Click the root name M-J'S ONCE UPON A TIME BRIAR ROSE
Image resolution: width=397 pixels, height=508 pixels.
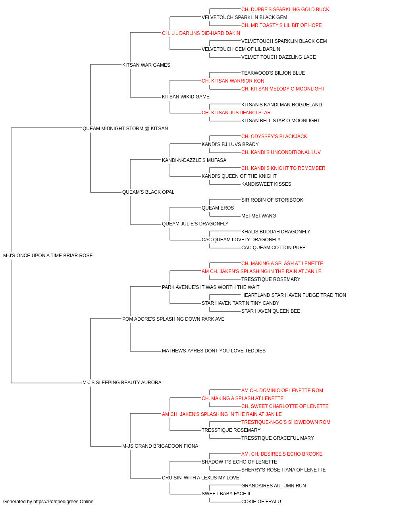tap(48, 256)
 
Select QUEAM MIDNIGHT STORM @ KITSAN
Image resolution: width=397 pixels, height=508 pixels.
tap(125, 129)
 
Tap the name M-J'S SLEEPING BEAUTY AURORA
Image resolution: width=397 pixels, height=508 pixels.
tap(122, 383)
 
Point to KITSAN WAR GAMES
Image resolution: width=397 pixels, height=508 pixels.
tap(146, 65)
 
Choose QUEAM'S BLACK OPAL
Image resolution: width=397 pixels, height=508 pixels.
tap(148, 192)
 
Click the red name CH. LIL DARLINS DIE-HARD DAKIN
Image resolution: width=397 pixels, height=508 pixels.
tap(201, 33)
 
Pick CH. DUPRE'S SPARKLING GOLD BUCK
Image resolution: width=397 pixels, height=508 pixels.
tap(285, 10)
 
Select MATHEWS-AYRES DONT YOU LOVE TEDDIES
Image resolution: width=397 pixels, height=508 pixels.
tap(214, 351)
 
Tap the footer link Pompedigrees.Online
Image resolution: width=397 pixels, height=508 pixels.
tap(70, 502)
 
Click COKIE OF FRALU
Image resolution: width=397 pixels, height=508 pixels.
tap(261, 502)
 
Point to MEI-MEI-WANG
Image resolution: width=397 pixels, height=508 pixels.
tap(258, 216)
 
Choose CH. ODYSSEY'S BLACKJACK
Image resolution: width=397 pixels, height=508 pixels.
tap(274, 137)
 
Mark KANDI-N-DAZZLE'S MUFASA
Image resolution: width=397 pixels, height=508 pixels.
tap(194, 160)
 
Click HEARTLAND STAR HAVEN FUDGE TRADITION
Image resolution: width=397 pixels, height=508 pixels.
tap(294, 295)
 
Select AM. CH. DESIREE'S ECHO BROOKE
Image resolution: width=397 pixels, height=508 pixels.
tap(282, 454)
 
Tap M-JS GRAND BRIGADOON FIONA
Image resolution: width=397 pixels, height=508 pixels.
tap(160, 446)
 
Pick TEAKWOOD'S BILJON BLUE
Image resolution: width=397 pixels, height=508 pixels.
tap(273, 73)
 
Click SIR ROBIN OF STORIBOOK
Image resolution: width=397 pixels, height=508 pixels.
tap(272, 200)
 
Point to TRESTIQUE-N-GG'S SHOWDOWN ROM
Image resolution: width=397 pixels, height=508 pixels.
tap(286, 422)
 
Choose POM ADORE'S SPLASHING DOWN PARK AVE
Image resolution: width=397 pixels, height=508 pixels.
tap(173, 319)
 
